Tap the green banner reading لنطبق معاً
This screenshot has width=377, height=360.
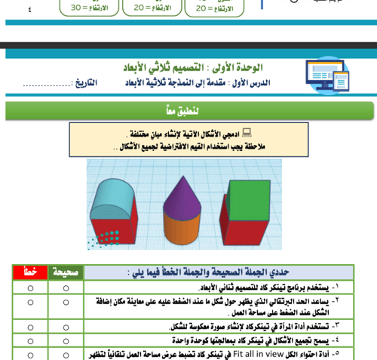(188, 111)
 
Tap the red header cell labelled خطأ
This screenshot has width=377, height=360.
(31, 271)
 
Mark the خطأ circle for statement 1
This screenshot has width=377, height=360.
(31, 287)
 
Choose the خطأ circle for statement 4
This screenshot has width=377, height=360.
(31, 339)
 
